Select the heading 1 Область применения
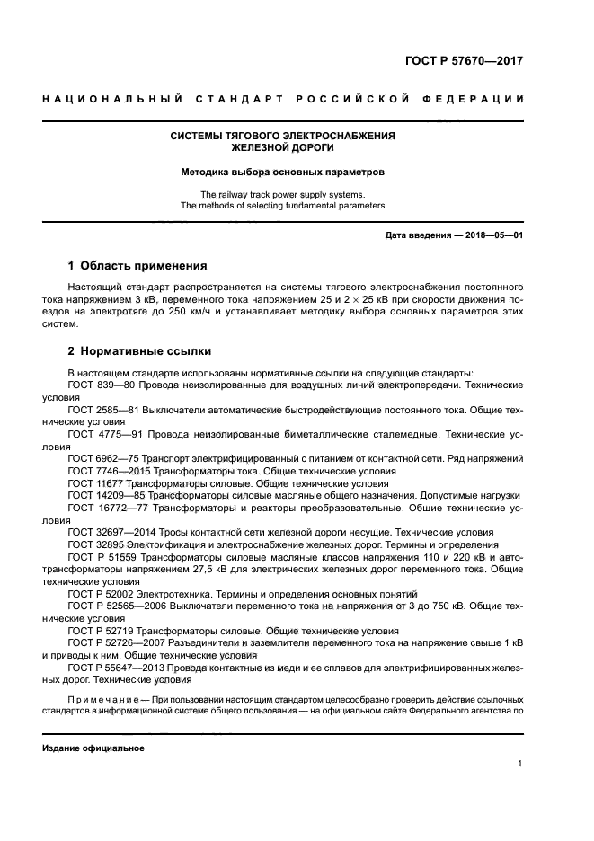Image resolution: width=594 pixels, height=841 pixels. tap(137, 266)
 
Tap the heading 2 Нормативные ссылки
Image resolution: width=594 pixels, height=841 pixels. tap(139, 351)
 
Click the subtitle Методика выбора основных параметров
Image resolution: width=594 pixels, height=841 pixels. tap(283, 170)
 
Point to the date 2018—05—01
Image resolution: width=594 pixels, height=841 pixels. tap(492, 235)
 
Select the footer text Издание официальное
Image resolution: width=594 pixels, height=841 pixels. tap(93, 748)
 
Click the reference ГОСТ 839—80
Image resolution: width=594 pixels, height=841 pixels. tap(100, 384)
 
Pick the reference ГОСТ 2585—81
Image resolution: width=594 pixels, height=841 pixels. tap(102, 409)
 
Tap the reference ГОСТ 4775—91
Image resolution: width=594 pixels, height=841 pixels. tap(102, 434)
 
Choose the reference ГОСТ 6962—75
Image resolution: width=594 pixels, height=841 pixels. tap(102, 458)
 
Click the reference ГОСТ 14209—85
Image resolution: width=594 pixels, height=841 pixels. tap(105, 495)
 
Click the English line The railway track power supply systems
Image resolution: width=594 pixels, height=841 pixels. tap(283, 194)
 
